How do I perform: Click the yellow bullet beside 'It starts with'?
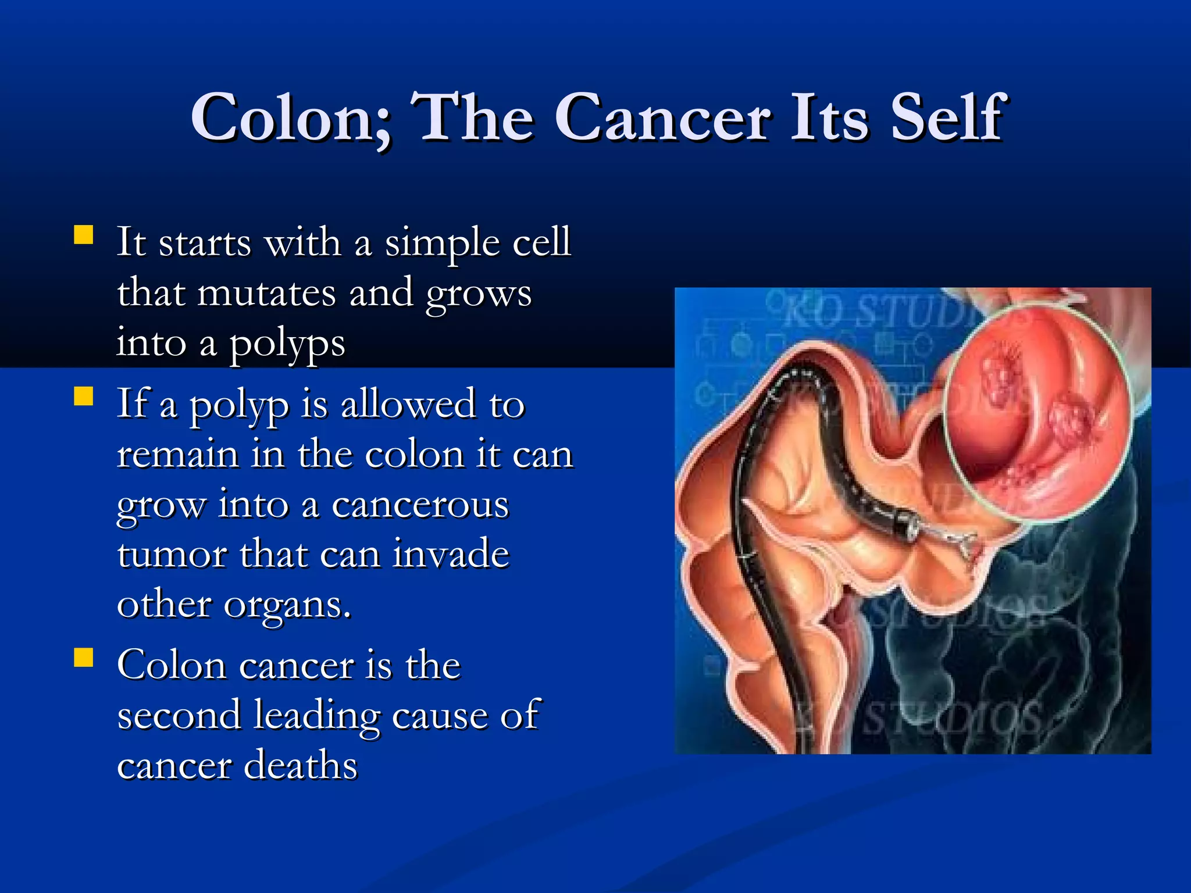pyautogui.click(x=84, y=235)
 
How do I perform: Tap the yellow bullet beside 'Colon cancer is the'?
pyautogui.click(x=84, y=658)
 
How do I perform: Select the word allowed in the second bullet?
pyautogui.click(x=408, y=403)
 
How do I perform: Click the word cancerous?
pyautogui.click(x=420, y=505)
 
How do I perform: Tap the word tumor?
pyautogui.click(x=172, y=554)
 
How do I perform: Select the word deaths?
pyautogui.click(x=300, y=765)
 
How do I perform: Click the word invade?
pyautogui.click(x=451, y=554)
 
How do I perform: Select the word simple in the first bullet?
pyautogui.click(x=442, y=244)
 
